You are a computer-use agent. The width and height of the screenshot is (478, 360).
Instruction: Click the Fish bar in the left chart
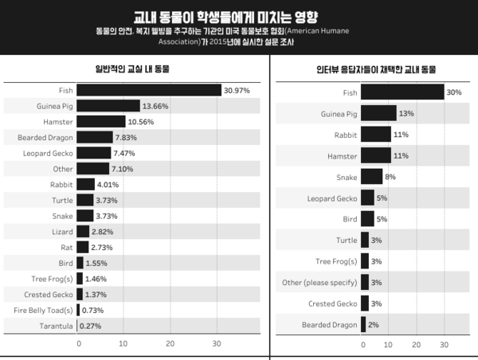[x=149, y=90]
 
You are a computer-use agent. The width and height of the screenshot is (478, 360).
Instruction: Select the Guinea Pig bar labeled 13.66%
[x=108, y=106]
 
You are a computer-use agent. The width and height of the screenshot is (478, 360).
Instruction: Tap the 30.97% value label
[x=237, y=91]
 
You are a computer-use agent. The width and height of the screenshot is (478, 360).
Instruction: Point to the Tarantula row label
[x=56, y=327]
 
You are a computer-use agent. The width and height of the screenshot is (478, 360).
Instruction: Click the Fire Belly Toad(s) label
[x=43, y=311]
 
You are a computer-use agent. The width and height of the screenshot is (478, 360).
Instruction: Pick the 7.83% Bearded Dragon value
[x=126, y=138]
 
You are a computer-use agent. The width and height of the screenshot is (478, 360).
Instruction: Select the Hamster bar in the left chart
[x=101, y=122]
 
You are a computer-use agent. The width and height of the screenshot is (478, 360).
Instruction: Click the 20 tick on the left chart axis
[x=170, y=343]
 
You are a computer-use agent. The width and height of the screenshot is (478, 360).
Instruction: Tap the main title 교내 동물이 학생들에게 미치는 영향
[x=226, y=17]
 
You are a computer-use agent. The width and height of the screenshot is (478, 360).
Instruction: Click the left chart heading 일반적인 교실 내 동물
[x=132, y=68]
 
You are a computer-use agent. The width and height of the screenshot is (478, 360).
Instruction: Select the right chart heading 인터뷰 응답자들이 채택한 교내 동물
[x=376, y=69]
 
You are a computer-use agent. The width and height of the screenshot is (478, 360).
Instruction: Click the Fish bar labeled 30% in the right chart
[x=402, y=92]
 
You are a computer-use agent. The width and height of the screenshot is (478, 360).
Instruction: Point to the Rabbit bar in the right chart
[x=376, y=135]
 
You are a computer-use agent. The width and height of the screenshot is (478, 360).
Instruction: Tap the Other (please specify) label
[x=319, y=283]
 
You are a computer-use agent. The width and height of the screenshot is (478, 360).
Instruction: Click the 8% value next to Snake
[x=390, y=177]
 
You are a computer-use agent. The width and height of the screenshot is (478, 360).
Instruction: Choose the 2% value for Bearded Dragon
[x=374, y=325]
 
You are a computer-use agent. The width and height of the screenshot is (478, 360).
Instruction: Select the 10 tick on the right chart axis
[x=388, y=345]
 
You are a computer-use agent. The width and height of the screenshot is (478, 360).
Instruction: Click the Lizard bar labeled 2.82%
[x=83, y=232]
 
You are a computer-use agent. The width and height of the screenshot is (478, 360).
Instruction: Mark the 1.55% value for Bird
[x=96, y=264]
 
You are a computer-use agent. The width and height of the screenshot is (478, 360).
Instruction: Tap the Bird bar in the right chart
[x=367, y=219]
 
